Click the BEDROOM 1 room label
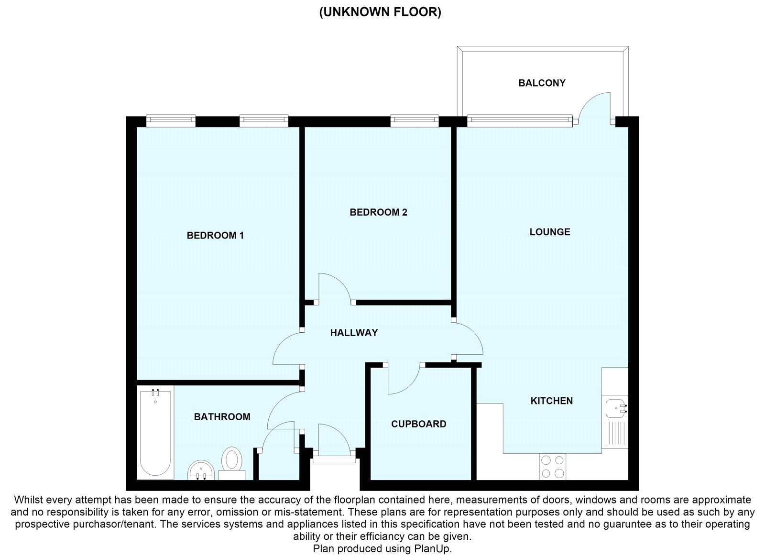tap(215, 235)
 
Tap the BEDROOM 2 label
tap(378, 212)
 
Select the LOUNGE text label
tap(550, 232)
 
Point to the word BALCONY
tap(542, 83)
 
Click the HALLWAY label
tap(354, 333)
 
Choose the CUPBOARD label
tap(419, 424)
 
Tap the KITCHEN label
tap(552, 401)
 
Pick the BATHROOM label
tap(222, 417)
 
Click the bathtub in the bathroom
tap(155, 433)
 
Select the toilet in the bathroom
tap(232, 463)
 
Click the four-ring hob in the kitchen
tap(553, 467)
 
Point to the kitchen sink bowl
tap(615, 408)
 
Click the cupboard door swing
tap(409, 386)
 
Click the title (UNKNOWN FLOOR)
tap(380, 12)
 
